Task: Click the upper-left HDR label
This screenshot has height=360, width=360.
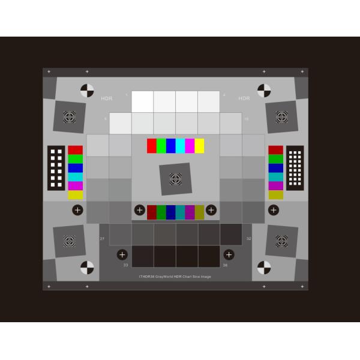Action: (x=107, y=98)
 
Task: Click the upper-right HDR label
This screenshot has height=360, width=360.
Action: (x=244, y=98)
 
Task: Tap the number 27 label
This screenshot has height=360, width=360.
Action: (x=103, y=239)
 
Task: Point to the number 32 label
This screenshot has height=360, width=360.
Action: (x=248, y=239)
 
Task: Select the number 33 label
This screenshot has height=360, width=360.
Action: (x=125, y=265)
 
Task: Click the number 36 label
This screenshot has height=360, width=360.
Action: (x=225, y=265)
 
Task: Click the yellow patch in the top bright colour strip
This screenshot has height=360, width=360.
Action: (x=199, y=146)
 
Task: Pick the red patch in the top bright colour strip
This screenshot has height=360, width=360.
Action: (x=152, y=146)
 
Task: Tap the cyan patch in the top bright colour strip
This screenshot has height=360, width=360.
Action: (x=180, y=146)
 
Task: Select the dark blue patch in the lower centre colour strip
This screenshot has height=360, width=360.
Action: (x=171, y=211)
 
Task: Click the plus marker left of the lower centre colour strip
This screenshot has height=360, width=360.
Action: (x=139, y=210)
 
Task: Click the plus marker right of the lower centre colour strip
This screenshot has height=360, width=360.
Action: (x=211, y=210)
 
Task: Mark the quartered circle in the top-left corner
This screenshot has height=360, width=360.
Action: (x=87, y=91)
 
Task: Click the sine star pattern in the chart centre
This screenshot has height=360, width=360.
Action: (x=175, y=178)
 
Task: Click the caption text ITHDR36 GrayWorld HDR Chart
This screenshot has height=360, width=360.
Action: (x=175, y=277)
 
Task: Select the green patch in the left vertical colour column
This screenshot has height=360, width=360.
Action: (x=76, y=159)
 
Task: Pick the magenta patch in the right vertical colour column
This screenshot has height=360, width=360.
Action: (x=275, y=185)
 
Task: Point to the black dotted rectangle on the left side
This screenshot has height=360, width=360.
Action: (x=57, y=168)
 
